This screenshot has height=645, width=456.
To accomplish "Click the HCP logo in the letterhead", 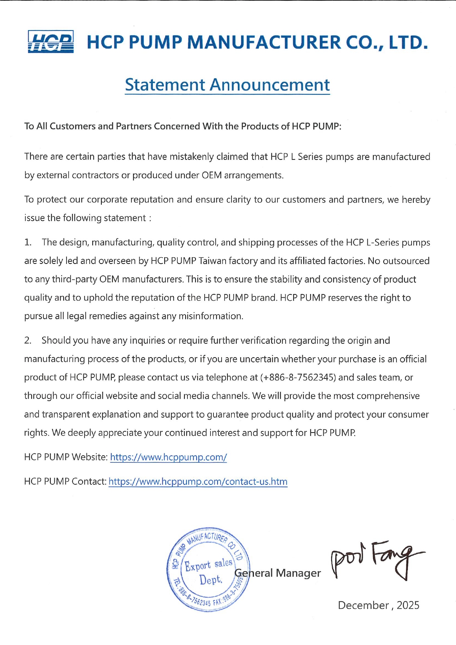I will click(x=51, y=42).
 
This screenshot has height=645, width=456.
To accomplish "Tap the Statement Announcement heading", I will click(x=227, y=85).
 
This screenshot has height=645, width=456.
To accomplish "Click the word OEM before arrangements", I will click(x=212, y=175).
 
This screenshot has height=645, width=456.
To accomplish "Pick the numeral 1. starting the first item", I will click(x=28, y=243).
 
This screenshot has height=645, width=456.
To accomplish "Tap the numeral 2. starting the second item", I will click(x=28, y=341).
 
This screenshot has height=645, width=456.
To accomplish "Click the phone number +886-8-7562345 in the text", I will click(x=298, y=377).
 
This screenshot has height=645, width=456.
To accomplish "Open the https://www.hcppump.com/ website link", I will click(x=168, y=457).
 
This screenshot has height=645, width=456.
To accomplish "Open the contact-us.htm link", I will click(x=198, y=482).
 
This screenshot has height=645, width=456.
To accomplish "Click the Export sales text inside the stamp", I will click(x=208, y=565).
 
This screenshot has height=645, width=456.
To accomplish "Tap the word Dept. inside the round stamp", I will click(x=211, y=580).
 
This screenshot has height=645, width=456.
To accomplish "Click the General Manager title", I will click(x=278, y=573).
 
